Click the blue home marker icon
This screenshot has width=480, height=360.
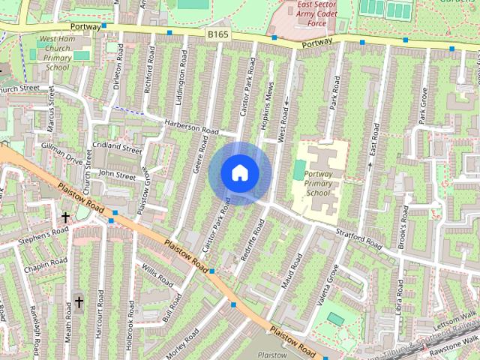[239, 172]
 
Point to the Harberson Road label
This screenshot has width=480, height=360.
[189, 127]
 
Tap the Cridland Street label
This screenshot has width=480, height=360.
[117, 147]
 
